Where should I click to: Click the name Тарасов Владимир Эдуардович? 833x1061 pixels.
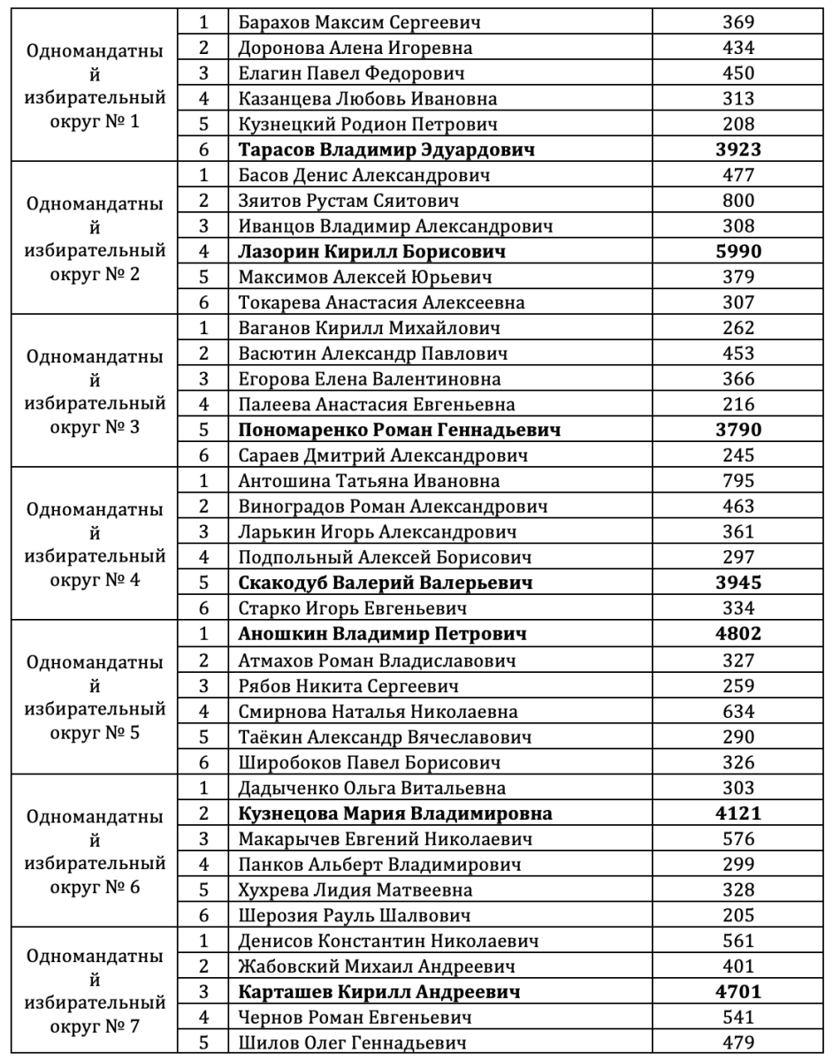(x=387, y=149)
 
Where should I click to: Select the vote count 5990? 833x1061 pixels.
(x=738, y=252)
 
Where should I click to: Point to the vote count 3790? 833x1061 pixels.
(x=738, y=431)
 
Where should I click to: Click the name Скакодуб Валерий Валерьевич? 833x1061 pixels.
(x=386, y=583)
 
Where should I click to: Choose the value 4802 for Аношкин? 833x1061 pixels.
(x=738, y=634)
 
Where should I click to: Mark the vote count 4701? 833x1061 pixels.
(x=738, y=991)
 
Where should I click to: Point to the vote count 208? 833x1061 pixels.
(x=738, y=124)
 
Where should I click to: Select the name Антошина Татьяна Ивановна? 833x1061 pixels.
(x=369, y=481)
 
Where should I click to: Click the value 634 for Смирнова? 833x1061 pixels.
(x=738, y=711)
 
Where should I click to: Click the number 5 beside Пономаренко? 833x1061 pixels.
(x=204, y=431)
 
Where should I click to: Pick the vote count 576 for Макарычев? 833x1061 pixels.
(x=738, y=838)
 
